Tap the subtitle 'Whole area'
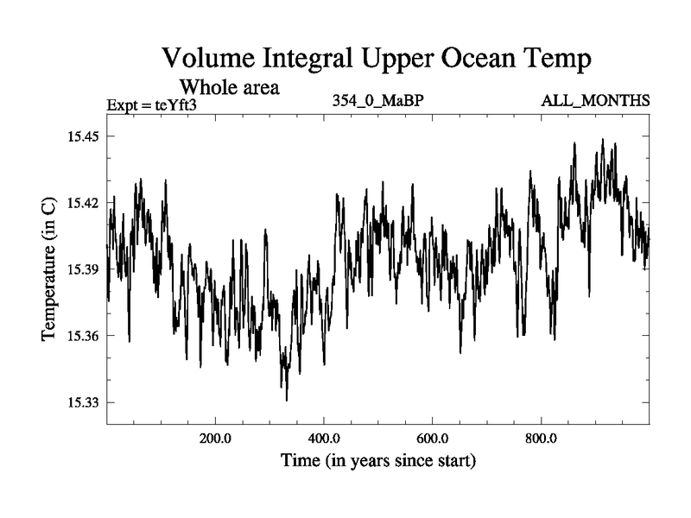click(229, 87)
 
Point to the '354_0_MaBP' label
click(377, 100)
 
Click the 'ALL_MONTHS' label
click(595, 100)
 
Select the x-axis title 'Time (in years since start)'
click(378, 460)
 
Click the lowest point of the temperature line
click(287, 400)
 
